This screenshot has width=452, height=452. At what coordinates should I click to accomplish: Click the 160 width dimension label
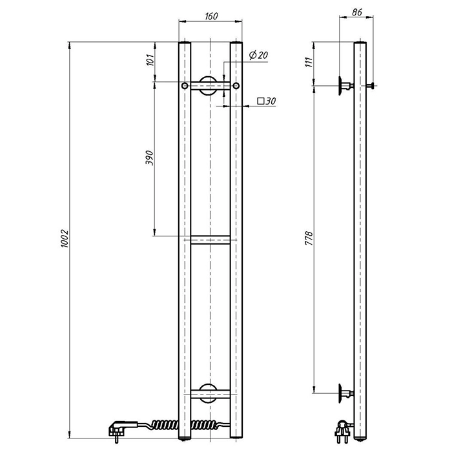[x=211, y=16]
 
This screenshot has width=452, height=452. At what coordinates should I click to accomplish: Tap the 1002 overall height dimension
[x=64, y=238]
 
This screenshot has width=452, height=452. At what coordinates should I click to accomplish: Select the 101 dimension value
[x=150, y=59]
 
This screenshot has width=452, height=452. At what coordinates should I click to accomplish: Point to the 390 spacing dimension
[x=149, y=158]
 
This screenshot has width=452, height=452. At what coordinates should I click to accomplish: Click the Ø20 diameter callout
[x=258, y=55]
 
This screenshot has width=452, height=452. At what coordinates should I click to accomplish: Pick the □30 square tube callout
[x=267, y=101]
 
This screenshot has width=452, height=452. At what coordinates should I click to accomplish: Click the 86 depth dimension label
[x=357, y=12]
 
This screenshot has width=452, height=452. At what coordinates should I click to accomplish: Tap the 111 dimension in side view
[x=309, y=62]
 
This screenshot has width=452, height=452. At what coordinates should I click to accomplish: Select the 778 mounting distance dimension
[x=309, y=238]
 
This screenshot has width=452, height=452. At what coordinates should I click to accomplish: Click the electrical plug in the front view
[x=119, y=429]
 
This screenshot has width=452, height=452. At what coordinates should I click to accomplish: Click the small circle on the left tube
[x=185, y=86]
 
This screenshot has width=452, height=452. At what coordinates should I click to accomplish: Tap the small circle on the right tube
[x=236, y=86]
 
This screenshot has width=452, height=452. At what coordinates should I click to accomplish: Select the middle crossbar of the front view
[x=210, y=240]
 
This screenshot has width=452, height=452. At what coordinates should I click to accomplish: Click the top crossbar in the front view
[x=210, y=86]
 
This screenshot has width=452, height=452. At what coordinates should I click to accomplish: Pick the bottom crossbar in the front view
[x=210, y=394]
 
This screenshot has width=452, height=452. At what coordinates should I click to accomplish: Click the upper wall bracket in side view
[x=345, y=86]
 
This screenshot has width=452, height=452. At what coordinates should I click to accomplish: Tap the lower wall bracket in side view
[x=345, y=393]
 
